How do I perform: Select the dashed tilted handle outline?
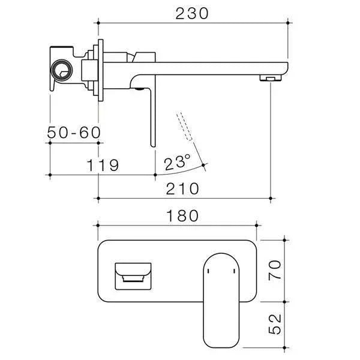tap(185, 126)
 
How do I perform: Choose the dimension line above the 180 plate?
tap(177, 226)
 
